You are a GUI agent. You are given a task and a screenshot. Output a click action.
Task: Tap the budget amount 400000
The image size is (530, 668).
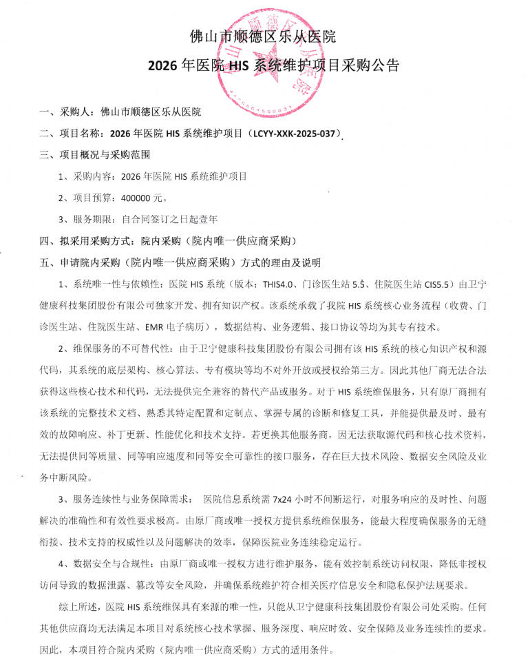coord(136,198)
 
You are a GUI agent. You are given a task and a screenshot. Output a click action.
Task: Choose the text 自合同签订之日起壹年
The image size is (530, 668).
coord(169,219)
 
